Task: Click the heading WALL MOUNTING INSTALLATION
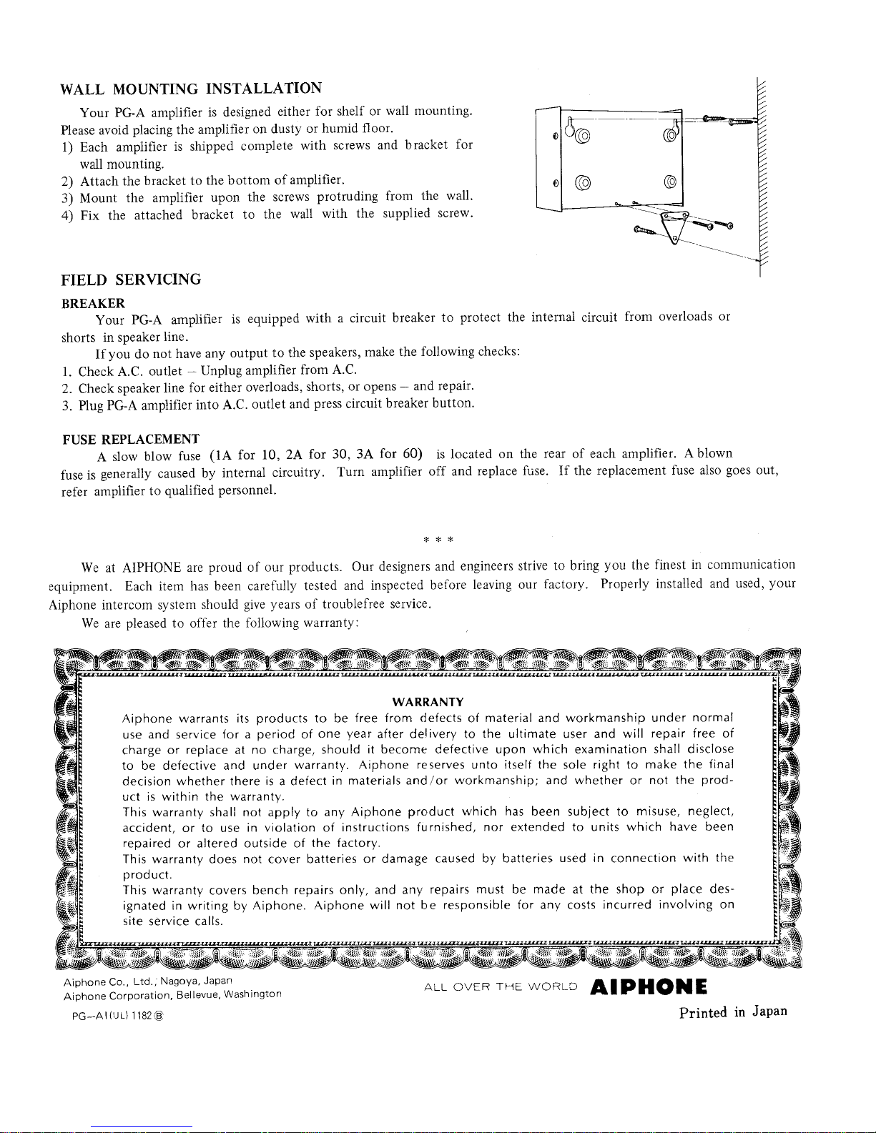tap(191, 89)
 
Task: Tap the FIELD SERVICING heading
tap(131, 279)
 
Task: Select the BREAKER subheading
tap(94, 303)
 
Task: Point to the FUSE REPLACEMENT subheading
tap(131, 438)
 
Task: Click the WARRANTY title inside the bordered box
tap(428, 702)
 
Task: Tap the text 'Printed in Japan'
tap(733, 1011)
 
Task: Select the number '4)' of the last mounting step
tap(68, 214)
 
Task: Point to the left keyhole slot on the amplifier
tap(571, 129)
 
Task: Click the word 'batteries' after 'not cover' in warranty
tap(333, 859)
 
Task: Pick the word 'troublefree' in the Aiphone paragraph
tap(346, 604)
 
